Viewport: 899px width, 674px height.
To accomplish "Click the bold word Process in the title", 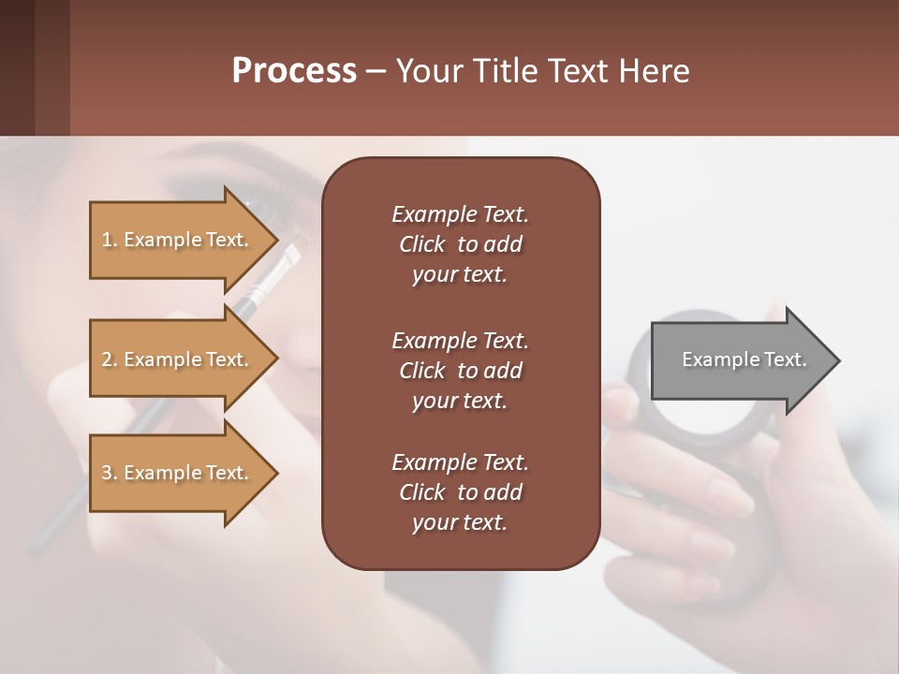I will coord(294,70).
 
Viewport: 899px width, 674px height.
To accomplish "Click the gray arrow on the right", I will coord(740,360).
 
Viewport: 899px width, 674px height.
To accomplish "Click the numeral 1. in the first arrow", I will coord(110,240).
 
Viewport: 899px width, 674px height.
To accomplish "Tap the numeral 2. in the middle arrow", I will coord(110,359).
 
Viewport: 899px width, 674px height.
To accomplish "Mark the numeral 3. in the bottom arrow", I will coord(110,473).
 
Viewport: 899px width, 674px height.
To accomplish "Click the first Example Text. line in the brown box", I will coord(460,214).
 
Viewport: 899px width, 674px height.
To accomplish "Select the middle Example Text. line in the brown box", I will coord(460,340).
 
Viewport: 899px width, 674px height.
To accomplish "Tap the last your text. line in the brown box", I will coord(460,523).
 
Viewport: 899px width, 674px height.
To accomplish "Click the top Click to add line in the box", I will coord(460,244).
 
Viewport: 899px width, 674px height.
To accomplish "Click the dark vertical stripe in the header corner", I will coord(52,67).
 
